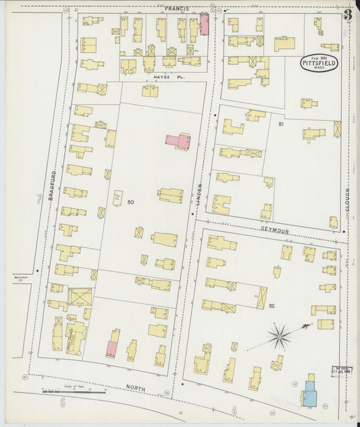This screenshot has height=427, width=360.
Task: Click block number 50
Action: (130, 202)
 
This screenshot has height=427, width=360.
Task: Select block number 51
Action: (281, 125)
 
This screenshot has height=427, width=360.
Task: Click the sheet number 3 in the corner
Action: (346, 14)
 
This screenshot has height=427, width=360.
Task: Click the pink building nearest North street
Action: (111, 349)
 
